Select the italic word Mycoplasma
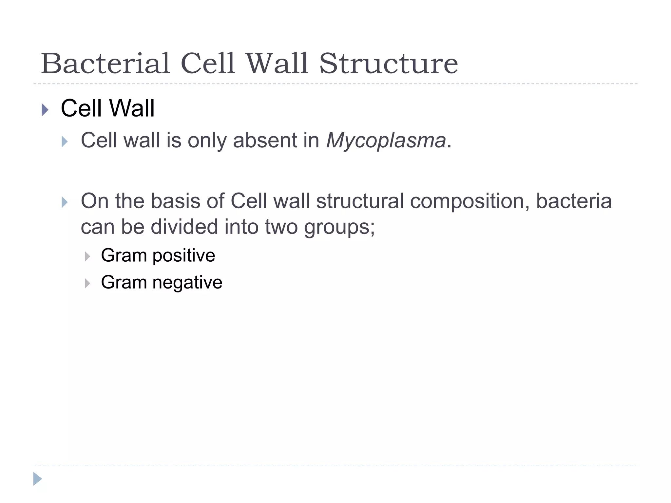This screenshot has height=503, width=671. (386, 140)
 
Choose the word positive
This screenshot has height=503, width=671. (184, 255)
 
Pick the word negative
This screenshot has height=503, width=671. (187, 282)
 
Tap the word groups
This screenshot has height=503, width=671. (339, 227)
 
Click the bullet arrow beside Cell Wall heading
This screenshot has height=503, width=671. (45, 110)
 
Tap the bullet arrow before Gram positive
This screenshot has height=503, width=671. (87, 256)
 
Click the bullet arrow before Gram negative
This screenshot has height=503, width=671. (87, 283)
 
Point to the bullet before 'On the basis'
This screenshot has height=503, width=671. (65, 202)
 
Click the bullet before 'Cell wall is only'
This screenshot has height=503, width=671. (65, 142)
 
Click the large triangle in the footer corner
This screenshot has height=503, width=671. (37, 479)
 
